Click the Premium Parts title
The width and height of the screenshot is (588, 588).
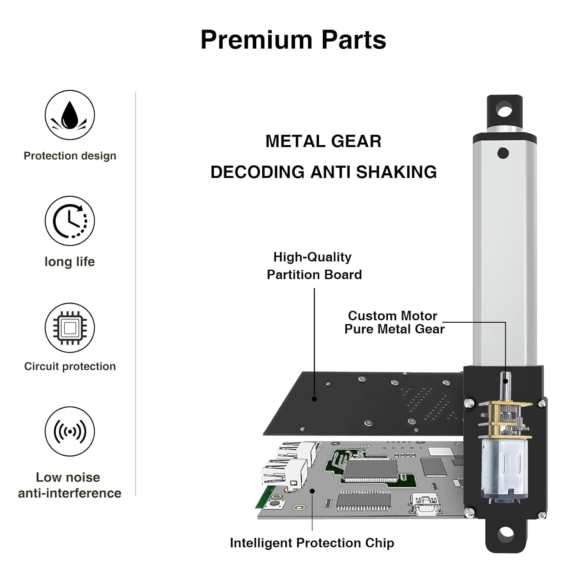point(293,40)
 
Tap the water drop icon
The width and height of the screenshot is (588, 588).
point(70,115)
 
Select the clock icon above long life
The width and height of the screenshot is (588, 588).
point(70,221)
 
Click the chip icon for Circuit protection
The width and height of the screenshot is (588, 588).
point(70,328)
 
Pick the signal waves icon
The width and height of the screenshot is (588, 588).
point(70,432)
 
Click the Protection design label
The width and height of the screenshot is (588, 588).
point(70,156)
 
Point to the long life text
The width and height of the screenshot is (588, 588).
point(70,262)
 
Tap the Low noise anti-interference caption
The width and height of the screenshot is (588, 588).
point(70,485)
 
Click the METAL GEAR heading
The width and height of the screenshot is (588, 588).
point(323,142)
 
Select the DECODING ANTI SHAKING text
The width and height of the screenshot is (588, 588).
point(323,172)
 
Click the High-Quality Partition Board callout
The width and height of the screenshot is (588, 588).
point(314,266)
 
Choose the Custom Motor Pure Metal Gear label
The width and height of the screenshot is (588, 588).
point(394,322)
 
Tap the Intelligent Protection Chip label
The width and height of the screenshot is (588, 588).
point(312,543)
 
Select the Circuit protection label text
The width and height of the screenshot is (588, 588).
point(70,367)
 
